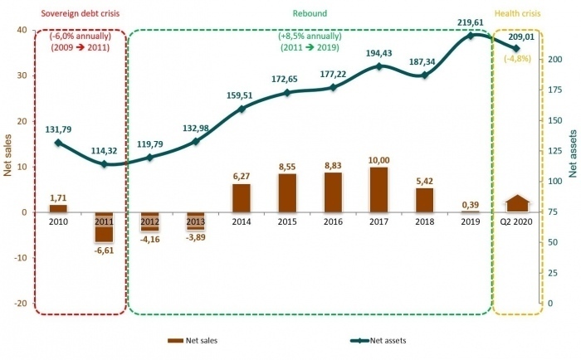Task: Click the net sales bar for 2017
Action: (378, 190)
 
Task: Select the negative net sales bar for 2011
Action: (104, 226)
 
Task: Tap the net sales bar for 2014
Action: (241, 197)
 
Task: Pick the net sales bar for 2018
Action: (424, 200)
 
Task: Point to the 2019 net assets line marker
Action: (471, 36)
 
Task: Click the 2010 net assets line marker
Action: (58, 143)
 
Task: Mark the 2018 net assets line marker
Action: (424, 75)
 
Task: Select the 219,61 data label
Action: (471, 24)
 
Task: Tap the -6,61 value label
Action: (104, 250)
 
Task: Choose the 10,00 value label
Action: (378, 160)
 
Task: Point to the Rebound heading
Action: (310, 13)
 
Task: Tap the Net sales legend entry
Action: (193, 340)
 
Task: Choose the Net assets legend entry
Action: (378, 340)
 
